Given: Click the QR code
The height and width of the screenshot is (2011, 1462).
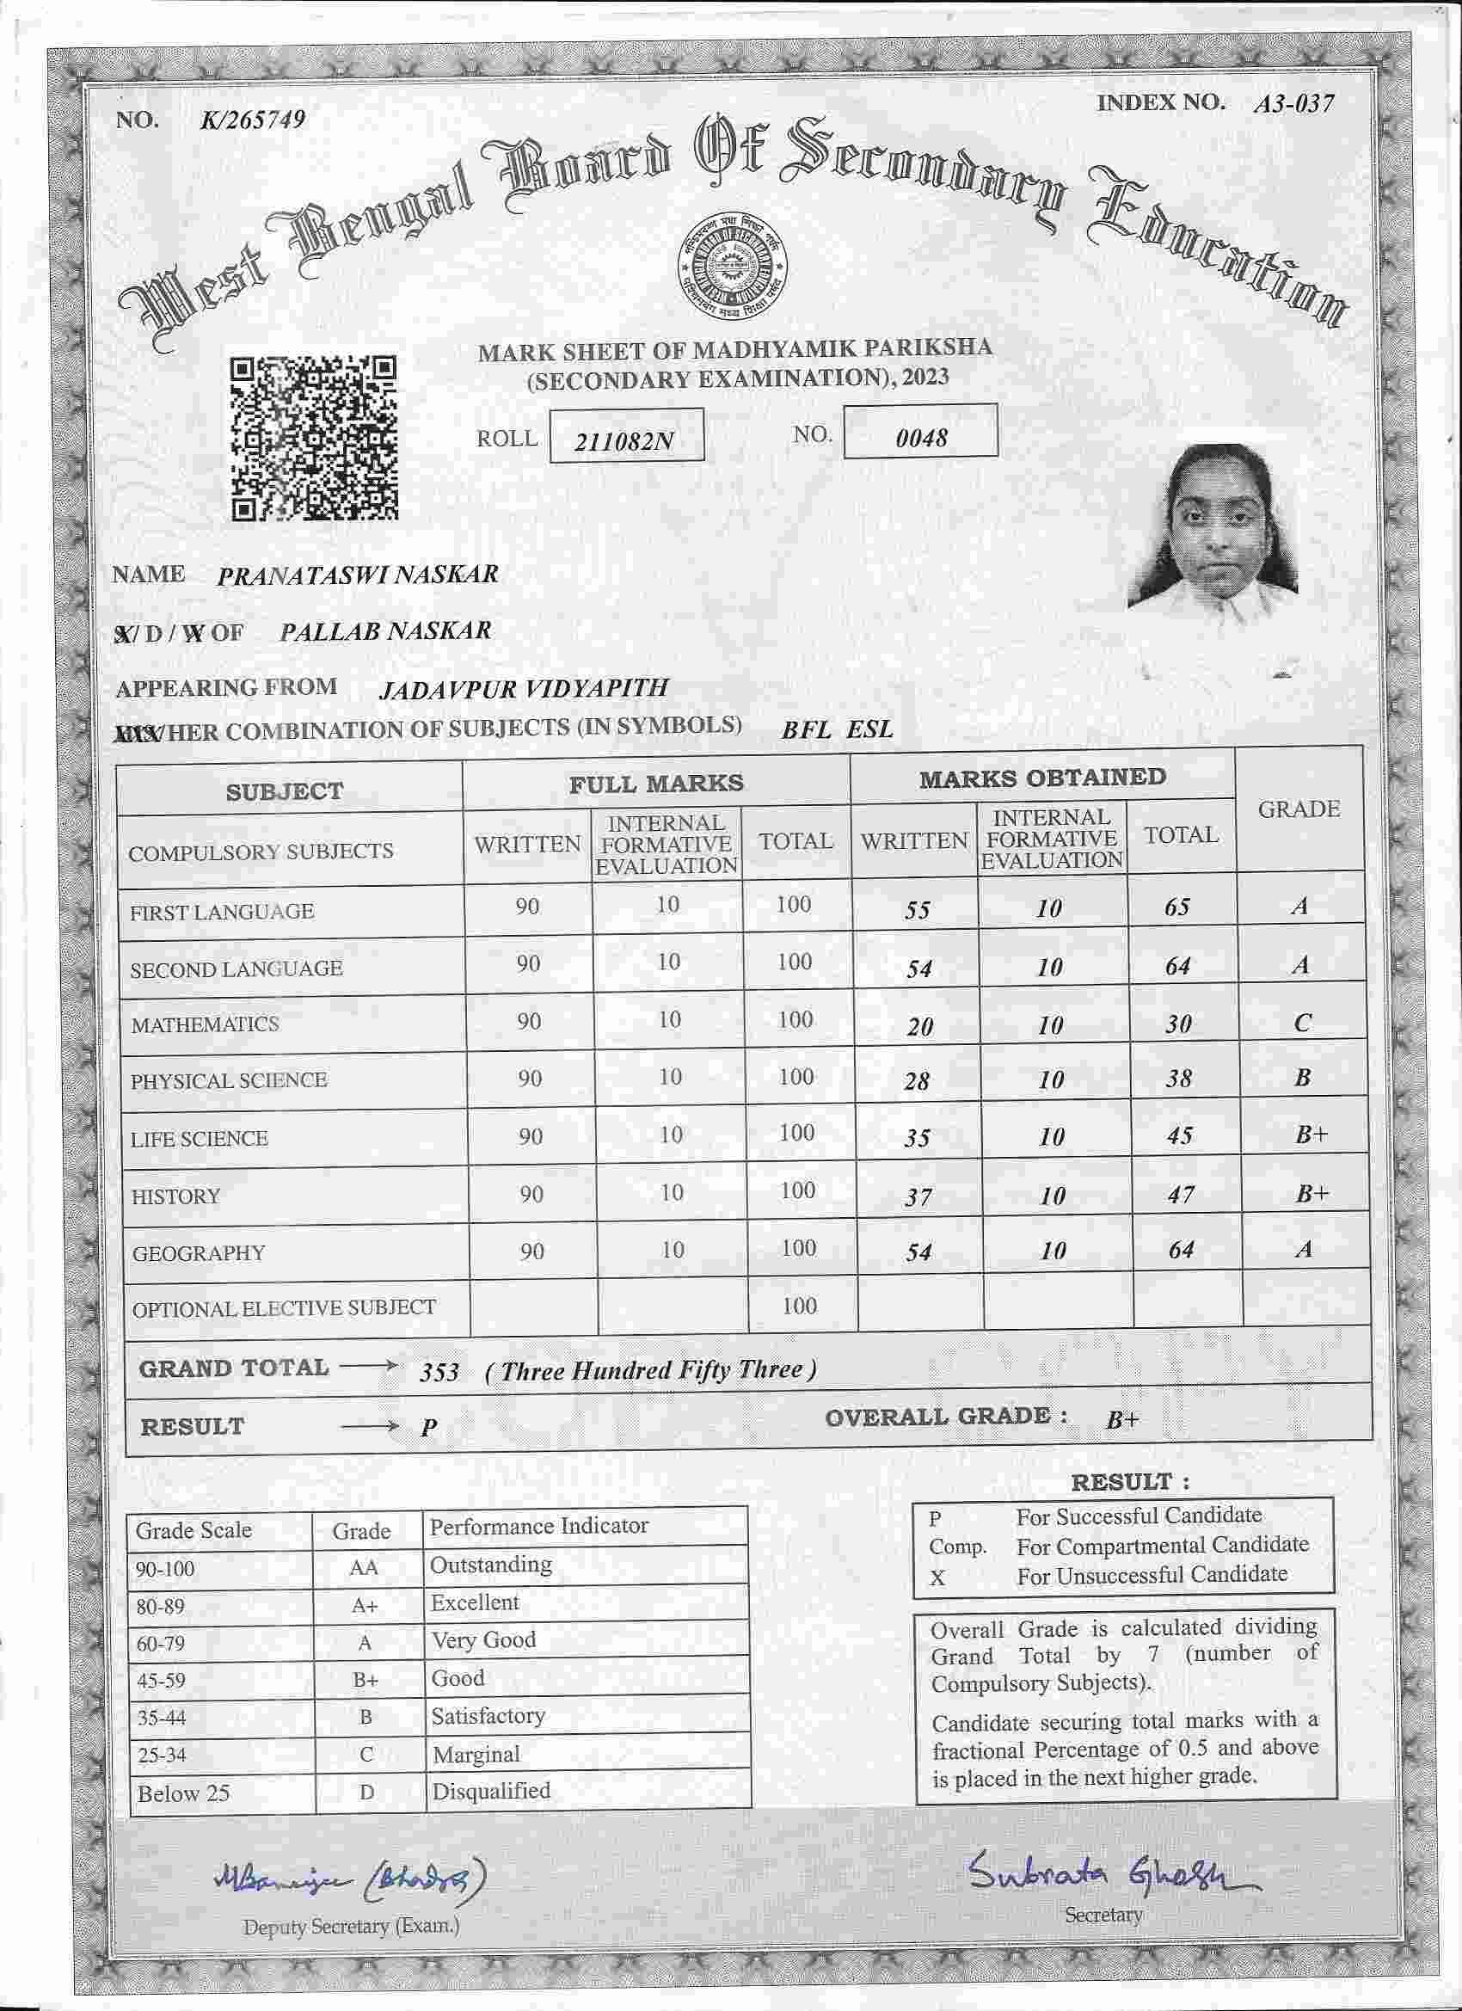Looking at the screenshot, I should pos(314,438).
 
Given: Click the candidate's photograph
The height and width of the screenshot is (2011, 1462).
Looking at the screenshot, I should pos(1213,527).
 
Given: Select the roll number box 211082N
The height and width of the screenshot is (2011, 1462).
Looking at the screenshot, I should pos(626,436).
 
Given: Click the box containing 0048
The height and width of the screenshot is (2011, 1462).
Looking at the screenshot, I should pos(920,433).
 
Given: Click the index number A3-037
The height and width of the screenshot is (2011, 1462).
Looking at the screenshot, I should pos(1293,105).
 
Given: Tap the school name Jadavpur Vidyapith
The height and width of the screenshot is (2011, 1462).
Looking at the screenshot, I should pos(523,688).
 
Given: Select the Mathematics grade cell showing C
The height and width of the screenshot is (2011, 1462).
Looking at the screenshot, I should pos(1301,1023).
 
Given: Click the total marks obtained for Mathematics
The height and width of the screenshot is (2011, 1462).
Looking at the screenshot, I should pos(1177,1024).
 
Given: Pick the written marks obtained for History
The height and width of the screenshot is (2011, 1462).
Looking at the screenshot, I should pos(918,1197).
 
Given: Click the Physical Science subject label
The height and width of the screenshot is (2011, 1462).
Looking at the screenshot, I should pos(229,1081).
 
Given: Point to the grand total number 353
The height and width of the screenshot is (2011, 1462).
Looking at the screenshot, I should pos(439,1373).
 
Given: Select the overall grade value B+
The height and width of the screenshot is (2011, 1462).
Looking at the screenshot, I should pos(1121,1419).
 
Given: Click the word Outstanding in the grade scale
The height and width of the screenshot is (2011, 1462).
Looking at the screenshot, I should pos(490,1565).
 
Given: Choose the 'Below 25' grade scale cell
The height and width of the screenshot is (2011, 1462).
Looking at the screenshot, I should pos(183,1793).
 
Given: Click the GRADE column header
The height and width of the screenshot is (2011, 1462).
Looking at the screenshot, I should pos(1298,809).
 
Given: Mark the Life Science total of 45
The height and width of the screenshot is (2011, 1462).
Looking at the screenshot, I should pos(1179,1136).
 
